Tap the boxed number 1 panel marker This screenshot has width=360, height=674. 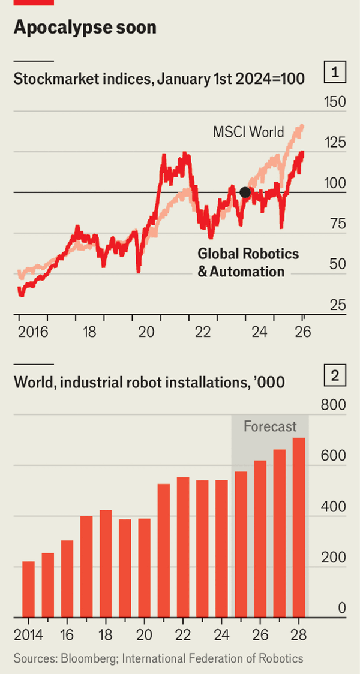pyautogui.click(x=336, y=73)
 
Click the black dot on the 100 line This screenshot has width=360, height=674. pyautogui.click(x=245, y=192)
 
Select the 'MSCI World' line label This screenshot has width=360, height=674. pyautogui.click(x=248, y=131)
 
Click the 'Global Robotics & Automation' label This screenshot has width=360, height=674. pyautogui.click(x=248, y=262)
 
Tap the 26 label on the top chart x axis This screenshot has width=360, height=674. pyautogui.click(x=302, y=332)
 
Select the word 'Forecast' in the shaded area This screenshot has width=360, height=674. pyautogui.click(x=270, y=426)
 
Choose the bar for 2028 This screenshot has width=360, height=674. pyautogui.click(x=298, y=527)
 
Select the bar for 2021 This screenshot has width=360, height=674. pyautogui.click(x=164, y=550)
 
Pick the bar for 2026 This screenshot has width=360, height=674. pyautogui.click(x=260, y=538)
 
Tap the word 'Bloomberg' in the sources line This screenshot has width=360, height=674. pyautogui.click(x=89, y=658)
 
